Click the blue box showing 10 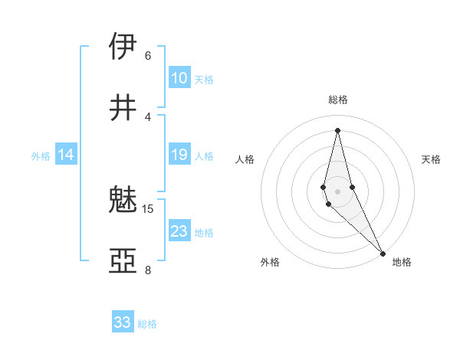coord(179,78)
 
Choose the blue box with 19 coord(179,155)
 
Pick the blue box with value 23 coord(179,231)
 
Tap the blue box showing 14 coord(66,155)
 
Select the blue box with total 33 coord(123,322)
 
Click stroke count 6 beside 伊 coord(147,56)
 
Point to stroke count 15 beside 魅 coord(148,209)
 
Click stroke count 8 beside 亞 coord(147,270)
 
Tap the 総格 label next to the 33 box coord(147,324)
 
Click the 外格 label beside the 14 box coord(41,156)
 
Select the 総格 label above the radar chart coord(337,100)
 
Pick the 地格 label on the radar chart coord(402,262)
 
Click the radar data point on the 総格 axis coord(337,129)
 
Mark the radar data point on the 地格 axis coord(383,253)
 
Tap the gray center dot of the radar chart coord(337,191)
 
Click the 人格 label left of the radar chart coord(245,159)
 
